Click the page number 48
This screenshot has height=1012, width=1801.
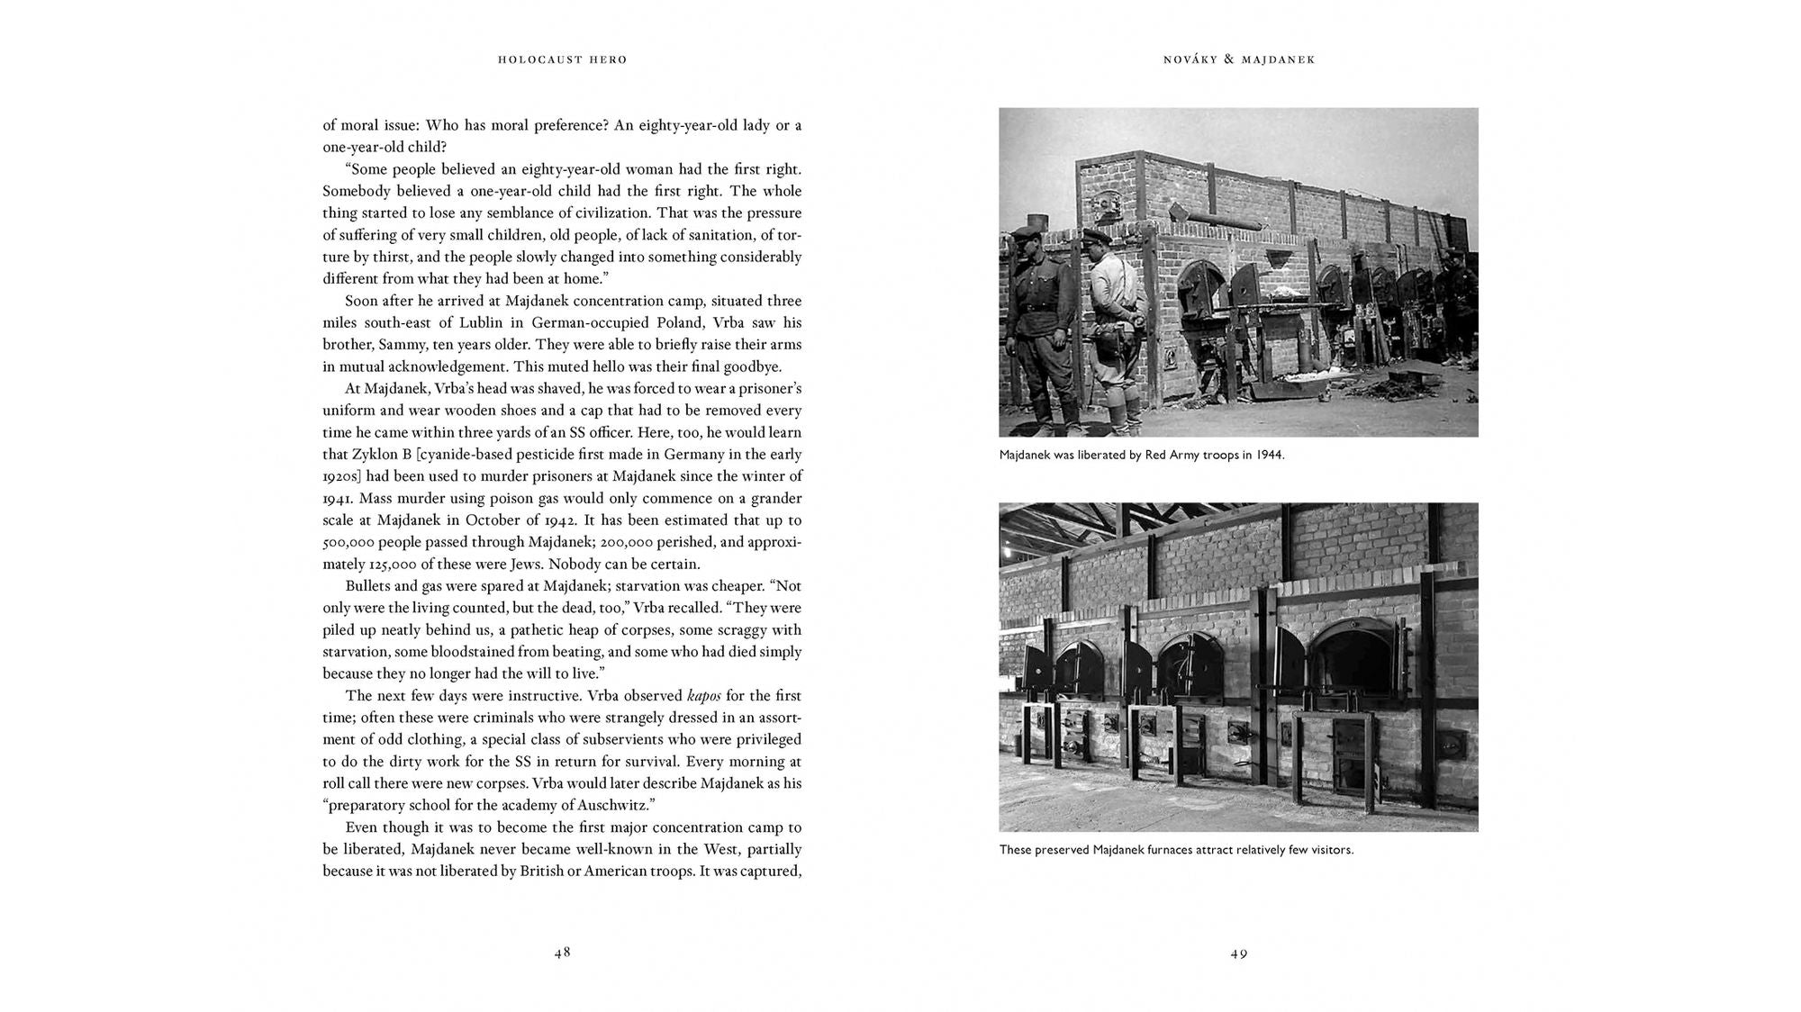[x=562, y=952]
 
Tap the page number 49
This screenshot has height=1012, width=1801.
[x=1239, y=953]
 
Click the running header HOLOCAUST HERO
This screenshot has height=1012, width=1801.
[x=562, y=59]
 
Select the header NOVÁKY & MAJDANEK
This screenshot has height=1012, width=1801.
[x=1239, y=59]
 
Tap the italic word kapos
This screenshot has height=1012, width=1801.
[x=703, y=696]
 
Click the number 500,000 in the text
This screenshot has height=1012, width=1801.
[x=348, y=542]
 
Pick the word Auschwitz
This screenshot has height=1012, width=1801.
[x=608, y=806]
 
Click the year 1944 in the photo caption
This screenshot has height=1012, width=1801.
[x=1270, y=455]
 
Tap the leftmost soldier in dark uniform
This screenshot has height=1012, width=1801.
[x=1033, y=324]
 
